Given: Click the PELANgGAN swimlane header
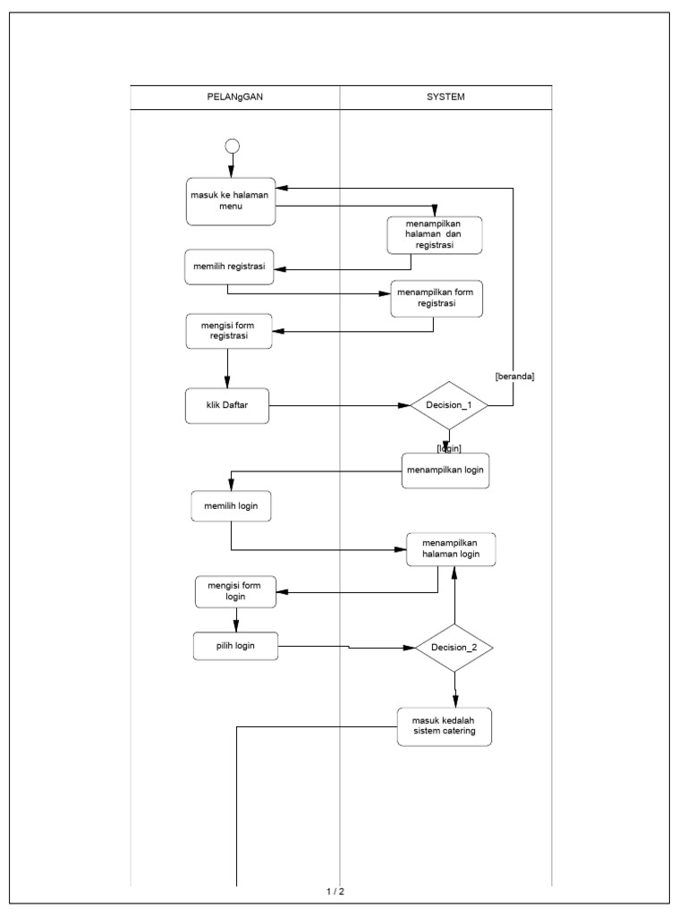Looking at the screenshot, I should [x=235, y=97].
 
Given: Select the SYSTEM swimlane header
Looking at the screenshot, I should [x=445, y=97].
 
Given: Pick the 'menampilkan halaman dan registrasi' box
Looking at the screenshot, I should [x=435, y=234].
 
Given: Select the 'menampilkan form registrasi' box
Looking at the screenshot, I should [x=437, y=298].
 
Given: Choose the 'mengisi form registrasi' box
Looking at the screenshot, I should [x=228, y=331].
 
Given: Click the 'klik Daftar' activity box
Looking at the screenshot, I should [x=226, y=406].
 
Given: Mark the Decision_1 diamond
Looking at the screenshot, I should [x=448, y=406].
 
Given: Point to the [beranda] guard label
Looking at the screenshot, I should [x=514, y=377].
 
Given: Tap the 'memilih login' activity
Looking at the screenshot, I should [x=232, y=506].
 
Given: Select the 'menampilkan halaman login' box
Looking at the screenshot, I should [x=451, y=549].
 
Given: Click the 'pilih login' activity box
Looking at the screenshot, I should [x=235, y=646].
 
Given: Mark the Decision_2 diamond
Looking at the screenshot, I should [x=454, y=647].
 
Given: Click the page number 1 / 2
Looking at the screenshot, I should [x=335, y=891].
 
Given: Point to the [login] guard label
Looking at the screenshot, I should [x=448, y=446].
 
